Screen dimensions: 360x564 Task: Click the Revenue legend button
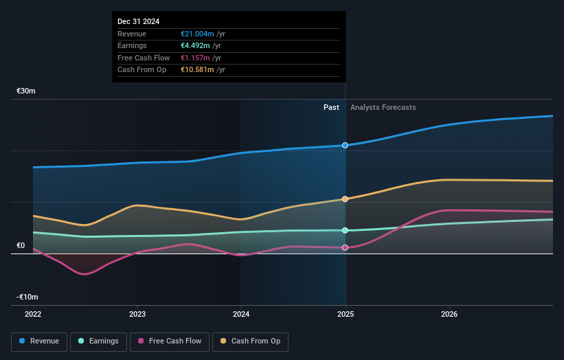pos(39,341)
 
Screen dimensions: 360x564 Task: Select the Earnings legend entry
pos(98,341)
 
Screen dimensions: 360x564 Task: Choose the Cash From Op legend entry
pos(250,341)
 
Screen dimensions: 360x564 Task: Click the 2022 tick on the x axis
pos(33,315)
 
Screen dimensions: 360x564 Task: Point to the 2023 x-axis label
pos(137,315)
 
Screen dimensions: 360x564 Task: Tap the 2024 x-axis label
pos(241,315)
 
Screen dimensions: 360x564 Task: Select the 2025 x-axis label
pos(345,315)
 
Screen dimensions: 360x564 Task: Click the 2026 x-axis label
pos(449,315)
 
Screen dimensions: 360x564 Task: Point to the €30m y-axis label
pos(26,91)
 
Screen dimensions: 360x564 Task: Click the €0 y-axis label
pos(21,245)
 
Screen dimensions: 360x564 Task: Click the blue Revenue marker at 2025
pos(345,146)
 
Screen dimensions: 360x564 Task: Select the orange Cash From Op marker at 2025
pos(345,199)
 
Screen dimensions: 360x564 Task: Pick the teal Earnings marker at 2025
pos(345,230)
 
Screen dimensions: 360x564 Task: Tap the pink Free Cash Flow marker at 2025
pos(345,247)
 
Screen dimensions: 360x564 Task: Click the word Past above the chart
pos(331,107)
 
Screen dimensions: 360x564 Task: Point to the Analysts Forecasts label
pos(383,107)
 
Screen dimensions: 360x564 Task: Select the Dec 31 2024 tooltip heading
pos(138,21)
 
